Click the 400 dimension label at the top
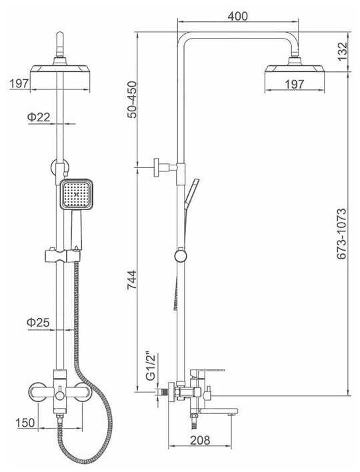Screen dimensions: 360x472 pos(237,16)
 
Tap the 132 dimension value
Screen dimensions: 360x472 pos(342,51)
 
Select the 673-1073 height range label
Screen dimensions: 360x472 pos(341,233)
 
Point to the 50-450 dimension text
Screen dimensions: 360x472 pos(131,99)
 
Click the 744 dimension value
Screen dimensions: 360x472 pos(131,280)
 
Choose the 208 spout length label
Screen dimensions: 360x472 pos(200,440)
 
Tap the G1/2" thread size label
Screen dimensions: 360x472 pos(151,366)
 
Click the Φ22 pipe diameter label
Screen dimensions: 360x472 pos(39,117)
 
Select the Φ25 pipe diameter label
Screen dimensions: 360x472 pos(38,323)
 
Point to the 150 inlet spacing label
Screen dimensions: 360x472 pos(25,423)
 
